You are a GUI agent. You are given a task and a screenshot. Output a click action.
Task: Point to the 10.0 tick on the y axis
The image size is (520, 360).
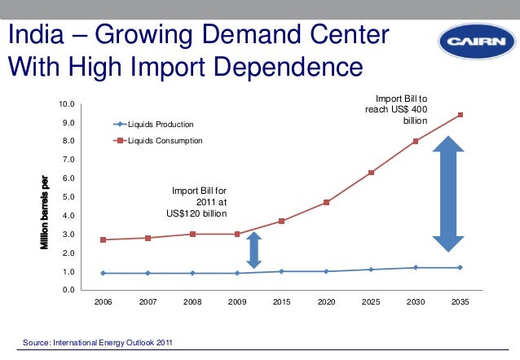67,104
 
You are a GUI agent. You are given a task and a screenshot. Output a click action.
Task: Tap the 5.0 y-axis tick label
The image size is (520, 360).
68,197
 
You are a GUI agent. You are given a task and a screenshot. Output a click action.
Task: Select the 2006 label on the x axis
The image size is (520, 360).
103,302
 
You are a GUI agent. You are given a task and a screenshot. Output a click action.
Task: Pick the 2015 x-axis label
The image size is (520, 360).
281,302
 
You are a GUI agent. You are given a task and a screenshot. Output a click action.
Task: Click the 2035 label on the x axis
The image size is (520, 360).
460,302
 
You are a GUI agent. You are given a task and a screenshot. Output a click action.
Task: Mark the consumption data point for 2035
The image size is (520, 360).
460,115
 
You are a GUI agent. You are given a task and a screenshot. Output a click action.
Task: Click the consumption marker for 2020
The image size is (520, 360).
326,202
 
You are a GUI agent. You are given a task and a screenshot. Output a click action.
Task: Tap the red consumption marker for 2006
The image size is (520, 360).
103,239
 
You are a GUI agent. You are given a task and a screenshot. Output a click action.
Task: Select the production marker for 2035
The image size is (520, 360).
460,267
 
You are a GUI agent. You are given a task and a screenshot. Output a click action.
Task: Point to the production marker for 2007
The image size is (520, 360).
148,273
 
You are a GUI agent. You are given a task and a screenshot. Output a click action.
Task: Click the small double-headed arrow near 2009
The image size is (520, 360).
253,250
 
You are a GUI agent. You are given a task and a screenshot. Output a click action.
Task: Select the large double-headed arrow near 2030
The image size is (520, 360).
447,195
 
